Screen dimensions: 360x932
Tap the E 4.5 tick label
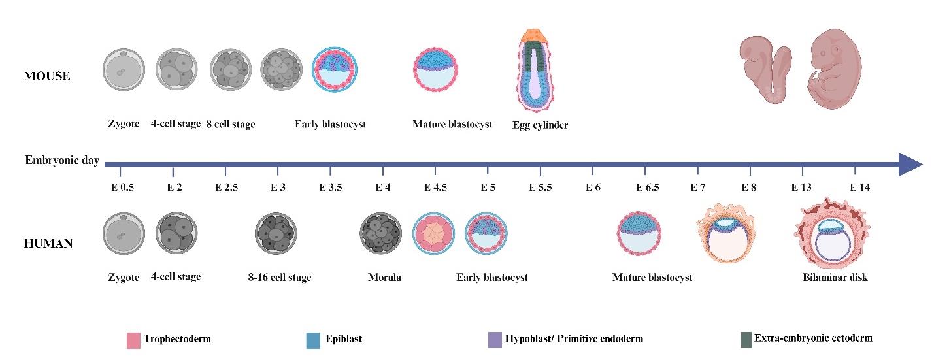[x=435, y=188]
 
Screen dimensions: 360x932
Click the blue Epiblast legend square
[x=312, y=340]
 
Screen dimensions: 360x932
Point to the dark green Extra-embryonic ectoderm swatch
[x=746, y=339]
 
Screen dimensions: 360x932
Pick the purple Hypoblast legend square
[x=495, y=340]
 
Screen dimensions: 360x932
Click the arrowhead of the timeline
[x=910, y=165]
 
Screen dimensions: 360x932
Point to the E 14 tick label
[x=860, y=188]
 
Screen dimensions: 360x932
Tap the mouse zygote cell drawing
[x=122, y=70]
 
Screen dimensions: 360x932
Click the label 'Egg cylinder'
[x=540, y=125]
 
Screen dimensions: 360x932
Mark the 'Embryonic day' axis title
[x=62, y=161]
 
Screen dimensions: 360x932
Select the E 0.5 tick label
[x=121, y=188]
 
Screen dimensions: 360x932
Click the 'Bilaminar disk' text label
[x=835, y=277]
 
